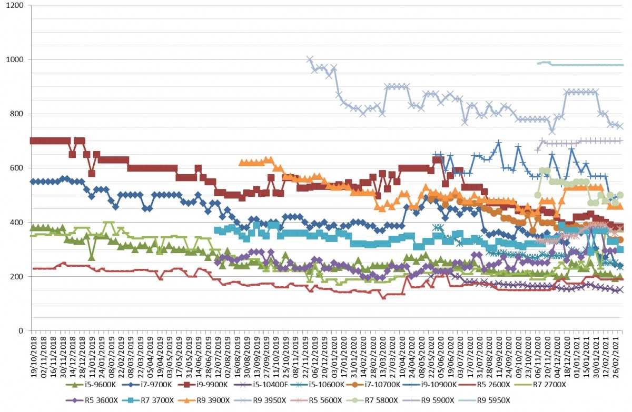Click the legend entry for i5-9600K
pos(91,385)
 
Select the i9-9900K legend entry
pos(203,385)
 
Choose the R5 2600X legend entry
pos(485,385)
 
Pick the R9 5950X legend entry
pos(485,400)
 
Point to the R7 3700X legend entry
pos(148,400)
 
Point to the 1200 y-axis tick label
pos(15,5)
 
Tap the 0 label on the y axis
pos(21,331)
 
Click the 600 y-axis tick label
pos(17,168)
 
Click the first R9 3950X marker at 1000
pos(310,59)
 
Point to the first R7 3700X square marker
pos(217,230)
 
